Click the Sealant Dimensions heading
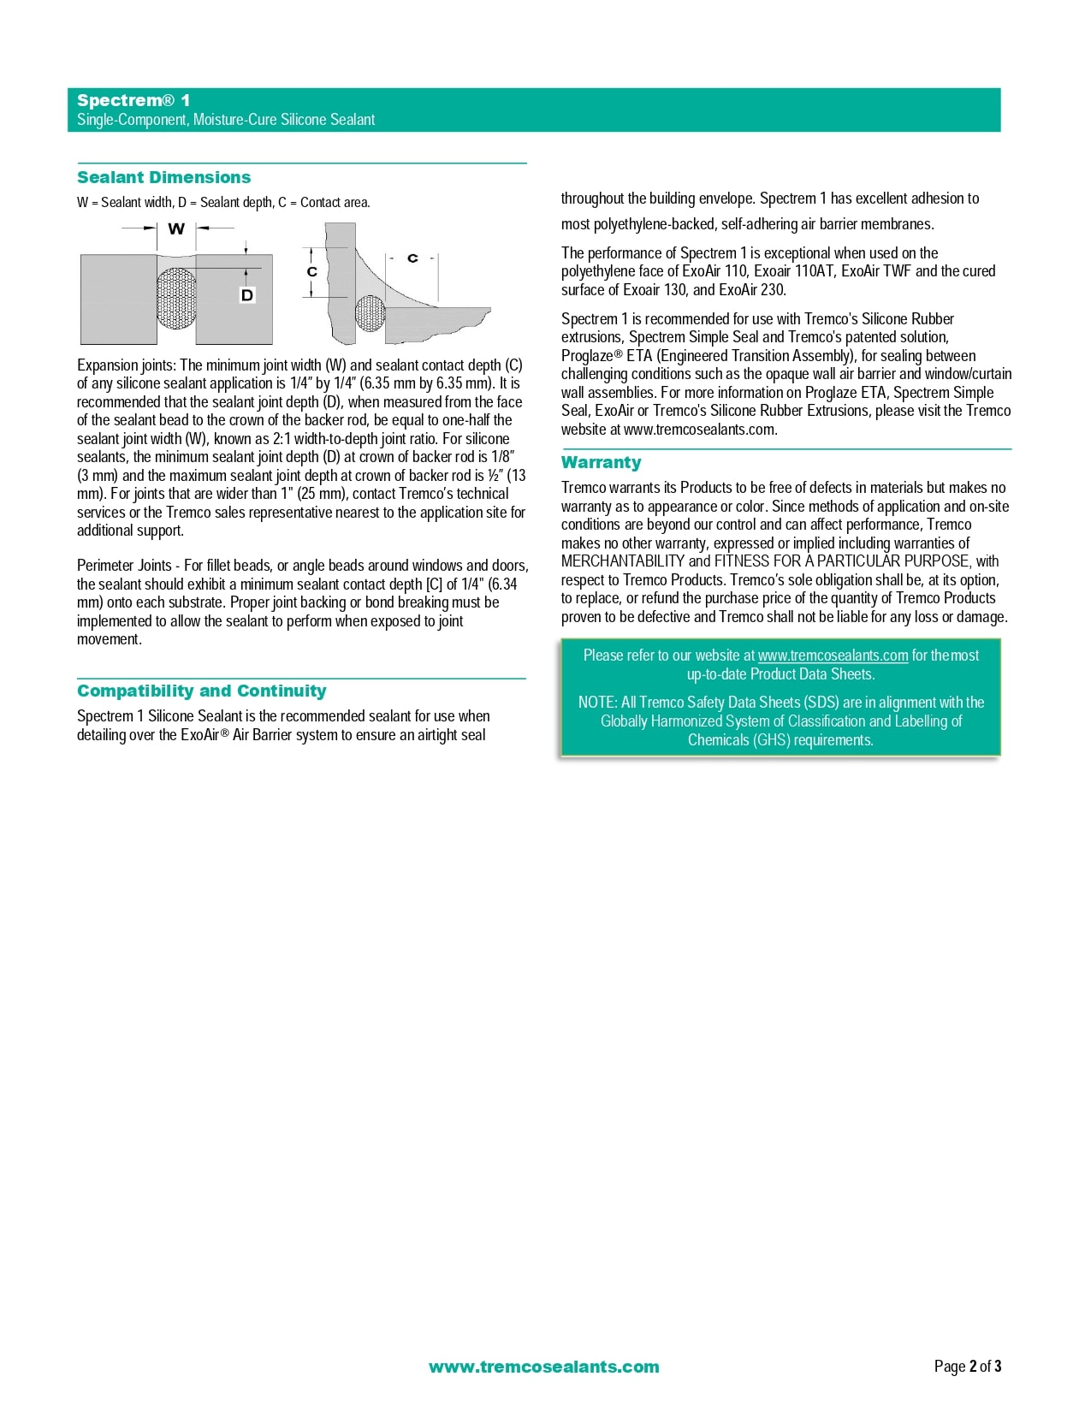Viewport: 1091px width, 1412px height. pyautogui.click(x=163, y=178)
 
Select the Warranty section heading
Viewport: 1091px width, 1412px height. pyautogui.click(x=601, y=463)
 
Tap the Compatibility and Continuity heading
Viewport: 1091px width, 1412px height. pyautogui.click(x=201, y=691)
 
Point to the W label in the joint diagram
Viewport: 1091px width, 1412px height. pyautogui.click(x=176, y=229)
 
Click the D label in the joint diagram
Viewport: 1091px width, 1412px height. pyautogui.click(x=247, y=295)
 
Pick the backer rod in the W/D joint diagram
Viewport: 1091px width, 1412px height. pyautogui.click(x=176, y=299)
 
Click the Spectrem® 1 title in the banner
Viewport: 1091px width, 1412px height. pyautogui.click(x=133, y=101)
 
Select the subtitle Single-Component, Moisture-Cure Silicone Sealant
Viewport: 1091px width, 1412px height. pyautogui.click(x=226, y=120)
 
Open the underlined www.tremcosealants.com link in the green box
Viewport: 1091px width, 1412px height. pyautogui.click(x=833, y=656)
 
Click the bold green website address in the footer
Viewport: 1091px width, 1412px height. pyautogui.click(x=543, y=1367)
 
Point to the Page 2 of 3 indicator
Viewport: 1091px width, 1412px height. pyautogui.click(x=967, y=1367)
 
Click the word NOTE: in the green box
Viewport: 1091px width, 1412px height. pyautogui.click(x=597, y=703)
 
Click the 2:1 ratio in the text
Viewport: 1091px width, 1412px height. pyautogui.click(x=282, y=439)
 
